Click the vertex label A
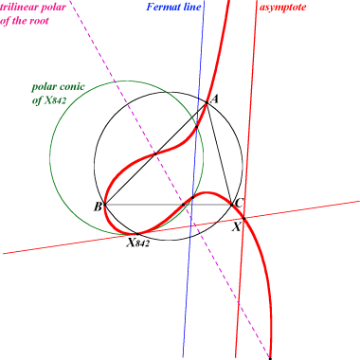(214, 99)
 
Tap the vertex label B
(98, 207)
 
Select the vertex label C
(239, 203)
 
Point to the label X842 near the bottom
(137, 243)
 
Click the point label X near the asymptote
(237, 226)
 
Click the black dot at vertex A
(207, 102)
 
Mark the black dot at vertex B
(105, 205)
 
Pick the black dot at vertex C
(231, 205)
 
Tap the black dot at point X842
(137, 234)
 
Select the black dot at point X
(243, 218)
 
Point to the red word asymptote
(282, 8)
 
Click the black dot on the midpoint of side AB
(155, 153)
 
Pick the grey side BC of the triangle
(168, 205)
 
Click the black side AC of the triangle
(219, 153)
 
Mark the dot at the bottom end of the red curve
(270, 358)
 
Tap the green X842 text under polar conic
(55, 100)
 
